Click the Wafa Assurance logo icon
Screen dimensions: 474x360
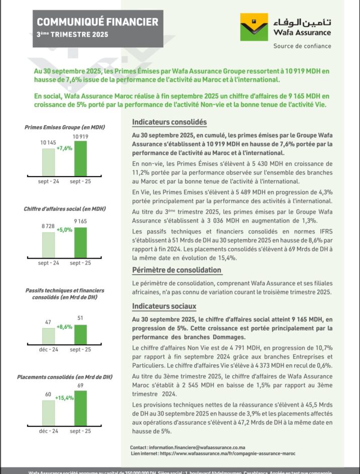[x=254, y=27]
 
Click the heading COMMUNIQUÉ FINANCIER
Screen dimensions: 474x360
[x=98, y=22]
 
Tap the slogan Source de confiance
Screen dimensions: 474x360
[x=302, y=46]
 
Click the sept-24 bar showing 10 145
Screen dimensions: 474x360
[x=48, y=163]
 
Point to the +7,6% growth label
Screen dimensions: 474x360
[x=64, y=148]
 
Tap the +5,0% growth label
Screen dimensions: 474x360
[x=64, y=230]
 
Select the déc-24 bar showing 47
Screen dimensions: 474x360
[x=48, y=336]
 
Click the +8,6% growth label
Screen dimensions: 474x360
[x=64, y=327]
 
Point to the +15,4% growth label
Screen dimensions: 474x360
[x=64, y=398]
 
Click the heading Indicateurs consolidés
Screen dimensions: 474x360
[x=169, y=122]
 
